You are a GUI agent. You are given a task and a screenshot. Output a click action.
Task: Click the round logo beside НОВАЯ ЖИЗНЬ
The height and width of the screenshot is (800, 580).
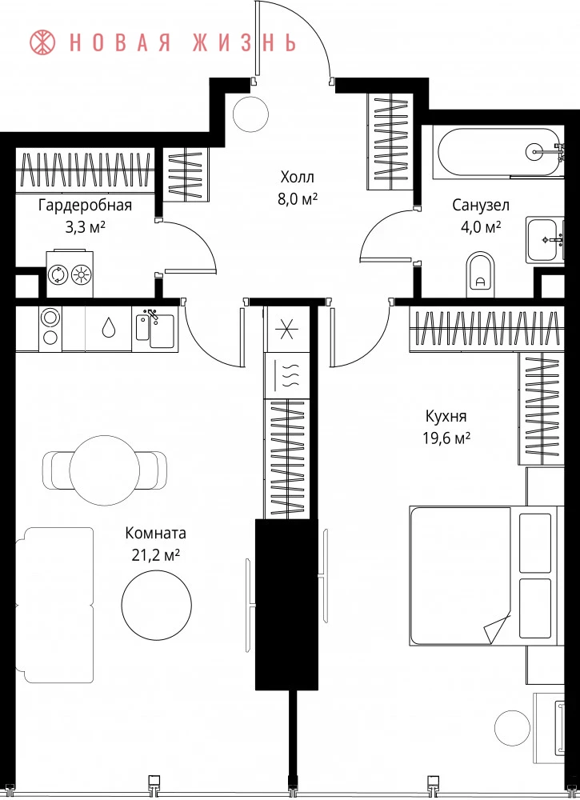tap(43, 43)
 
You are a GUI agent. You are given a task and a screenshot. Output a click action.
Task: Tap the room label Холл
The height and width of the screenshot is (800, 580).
tap(298, 178)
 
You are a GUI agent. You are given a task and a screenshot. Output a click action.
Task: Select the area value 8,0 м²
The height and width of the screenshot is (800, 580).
tap(298, 199)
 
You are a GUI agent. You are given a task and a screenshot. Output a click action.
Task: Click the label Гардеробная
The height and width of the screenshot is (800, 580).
tap(85, 206)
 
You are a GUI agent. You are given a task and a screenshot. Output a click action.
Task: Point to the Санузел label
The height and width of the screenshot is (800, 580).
tap(481, 205)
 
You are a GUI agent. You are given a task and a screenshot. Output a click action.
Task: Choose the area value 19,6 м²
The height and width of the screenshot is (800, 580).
tap(446, 438)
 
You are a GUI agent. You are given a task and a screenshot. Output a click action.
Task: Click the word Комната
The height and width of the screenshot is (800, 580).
tap(155, 533)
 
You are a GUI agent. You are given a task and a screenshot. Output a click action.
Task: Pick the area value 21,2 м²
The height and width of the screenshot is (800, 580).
tap(155, 555)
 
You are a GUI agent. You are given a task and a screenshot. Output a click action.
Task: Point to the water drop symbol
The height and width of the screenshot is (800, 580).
tap(108, 327)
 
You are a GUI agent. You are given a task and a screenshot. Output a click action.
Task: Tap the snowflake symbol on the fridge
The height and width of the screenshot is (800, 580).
tap(286, 329)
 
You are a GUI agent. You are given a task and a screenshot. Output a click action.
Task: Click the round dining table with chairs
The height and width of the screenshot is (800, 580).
tap(105, 470)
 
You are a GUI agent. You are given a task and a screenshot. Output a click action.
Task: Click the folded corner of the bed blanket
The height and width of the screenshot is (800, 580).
tap(496, 628)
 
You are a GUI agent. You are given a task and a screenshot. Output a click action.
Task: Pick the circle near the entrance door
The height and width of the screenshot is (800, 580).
tap(250, 114)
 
